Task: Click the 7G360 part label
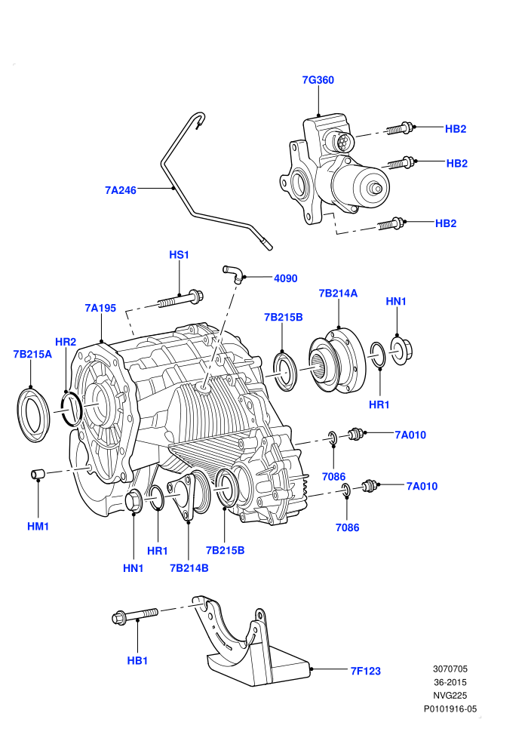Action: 318,80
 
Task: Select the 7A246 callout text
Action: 121,190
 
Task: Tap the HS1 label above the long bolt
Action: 179,255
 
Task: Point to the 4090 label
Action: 286,278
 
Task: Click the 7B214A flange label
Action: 338,294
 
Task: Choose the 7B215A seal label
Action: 32,355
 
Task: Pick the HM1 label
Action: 38,527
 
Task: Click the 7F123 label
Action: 366,672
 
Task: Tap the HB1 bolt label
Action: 137,661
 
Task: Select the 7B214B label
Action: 189,568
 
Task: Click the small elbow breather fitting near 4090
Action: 233,273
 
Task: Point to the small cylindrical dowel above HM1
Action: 38,475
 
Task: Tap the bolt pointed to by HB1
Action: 135,616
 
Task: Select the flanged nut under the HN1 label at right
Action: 401,351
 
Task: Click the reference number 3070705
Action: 450,669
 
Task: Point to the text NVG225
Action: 450,696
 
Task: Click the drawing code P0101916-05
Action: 450,709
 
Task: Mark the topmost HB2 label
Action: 456,129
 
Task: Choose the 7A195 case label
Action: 100,309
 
